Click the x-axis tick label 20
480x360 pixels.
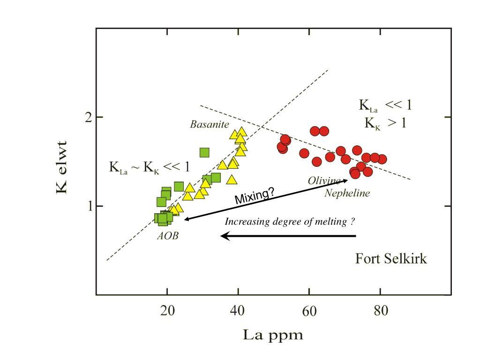168,311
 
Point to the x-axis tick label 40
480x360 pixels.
239,311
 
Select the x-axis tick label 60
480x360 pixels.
309,311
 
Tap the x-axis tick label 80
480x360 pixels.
381,311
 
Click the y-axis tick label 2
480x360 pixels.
87,117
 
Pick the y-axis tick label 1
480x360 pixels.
88,206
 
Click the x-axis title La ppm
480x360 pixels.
273,336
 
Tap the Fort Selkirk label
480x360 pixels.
391,258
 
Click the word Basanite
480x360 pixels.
210,125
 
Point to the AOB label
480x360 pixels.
168,236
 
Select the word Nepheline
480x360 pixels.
347,193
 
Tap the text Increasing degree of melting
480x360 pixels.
289,222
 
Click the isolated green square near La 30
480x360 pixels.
204,152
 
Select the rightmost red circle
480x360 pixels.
382,159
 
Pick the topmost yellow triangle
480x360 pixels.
241,132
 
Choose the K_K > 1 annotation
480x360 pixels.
385,123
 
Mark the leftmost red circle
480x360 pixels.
282,147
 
